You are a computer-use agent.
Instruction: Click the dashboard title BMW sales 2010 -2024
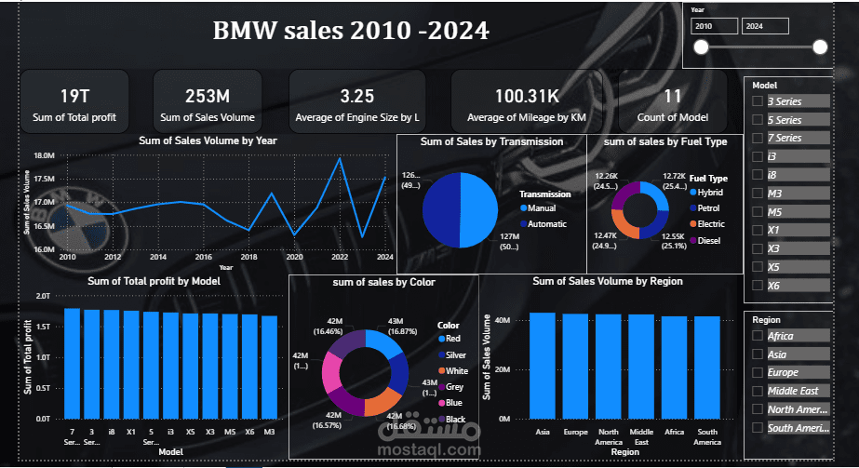352,30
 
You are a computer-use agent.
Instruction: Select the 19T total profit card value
74,96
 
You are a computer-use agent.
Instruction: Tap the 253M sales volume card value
208,96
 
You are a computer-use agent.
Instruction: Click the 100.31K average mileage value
526,96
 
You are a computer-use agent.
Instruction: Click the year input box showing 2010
714,26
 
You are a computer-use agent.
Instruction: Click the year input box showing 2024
765,26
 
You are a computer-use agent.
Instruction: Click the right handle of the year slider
820,47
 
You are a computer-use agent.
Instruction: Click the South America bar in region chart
707,368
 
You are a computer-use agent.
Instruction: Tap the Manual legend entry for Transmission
544,208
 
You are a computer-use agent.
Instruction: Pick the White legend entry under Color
456,370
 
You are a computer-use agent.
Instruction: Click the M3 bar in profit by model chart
269,368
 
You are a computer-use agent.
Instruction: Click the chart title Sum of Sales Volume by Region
607,281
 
